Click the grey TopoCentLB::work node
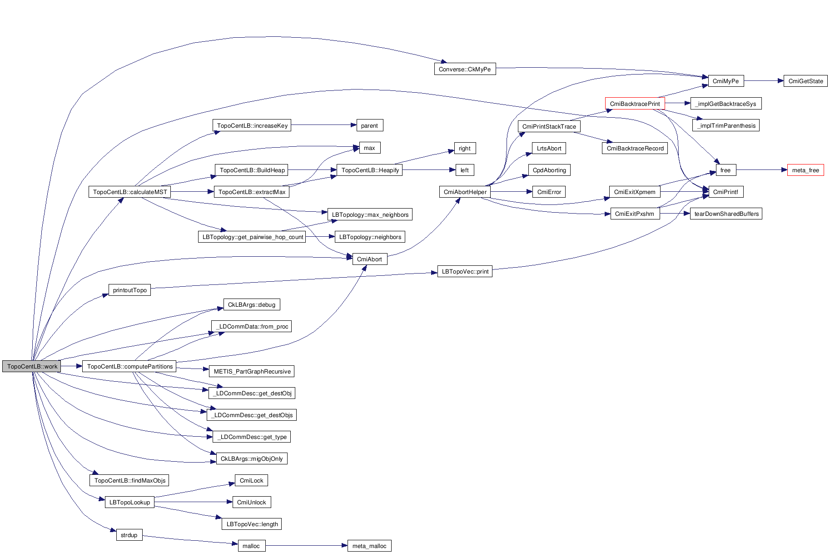[x=31, y=366]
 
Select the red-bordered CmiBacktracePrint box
[x=635, y=104]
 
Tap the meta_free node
[x=805, y=170]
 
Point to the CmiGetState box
[x=805, y=81]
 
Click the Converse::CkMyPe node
[x=465, y=69]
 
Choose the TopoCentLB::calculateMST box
[x=129, y=192]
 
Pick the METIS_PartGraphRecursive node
[x=252, y=371]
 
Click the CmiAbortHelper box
[x=465, y=192]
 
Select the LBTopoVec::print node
[x=465, y=271]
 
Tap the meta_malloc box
[x=369, y=546]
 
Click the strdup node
[x=129, y=535]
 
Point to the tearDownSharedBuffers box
[x=726, y=214]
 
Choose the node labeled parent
[x=369, y=125]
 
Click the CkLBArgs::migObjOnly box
[x=252, y=458]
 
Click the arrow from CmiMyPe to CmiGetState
[x=763, y=81]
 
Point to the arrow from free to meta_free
[x=761, y=170]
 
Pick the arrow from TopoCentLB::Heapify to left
[x=428, y=170]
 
